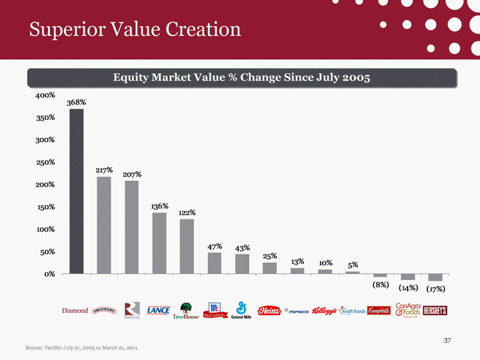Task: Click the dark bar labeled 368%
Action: click(77, 191)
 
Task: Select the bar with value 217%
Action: click(104, 225)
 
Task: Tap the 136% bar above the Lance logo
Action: click(159, 243)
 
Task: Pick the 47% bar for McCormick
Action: click(215, 263)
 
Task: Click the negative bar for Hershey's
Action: click(435, 277)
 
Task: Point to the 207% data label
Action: click(132, 175)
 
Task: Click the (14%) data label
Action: click(408, 288)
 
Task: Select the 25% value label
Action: click(269, 256)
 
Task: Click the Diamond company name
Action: click(75, 311)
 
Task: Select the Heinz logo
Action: click(269, 311)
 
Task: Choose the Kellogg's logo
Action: click(325, 311)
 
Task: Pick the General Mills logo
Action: click(241, 311)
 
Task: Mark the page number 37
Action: click(448, 341)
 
